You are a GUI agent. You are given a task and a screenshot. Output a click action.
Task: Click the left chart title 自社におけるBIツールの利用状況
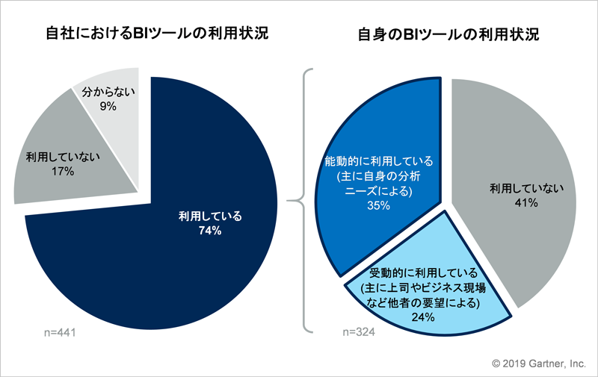click(x=157, y=33)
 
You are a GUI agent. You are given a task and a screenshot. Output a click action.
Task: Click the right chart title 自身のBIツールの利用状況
click(x=448, y=34)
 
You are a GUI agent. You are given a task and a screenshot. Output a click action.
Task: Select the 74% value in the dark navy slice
click(x=210, y=231)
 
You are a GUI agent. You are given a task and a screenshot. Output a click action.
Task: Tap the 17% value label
click(x=63, y=172)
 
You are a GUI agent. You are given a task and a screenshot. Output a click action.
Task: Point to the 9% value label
click(x=108, y=106)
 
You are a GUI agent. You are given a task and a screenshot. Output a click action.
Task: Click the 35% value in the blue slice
click(x=378, y=205)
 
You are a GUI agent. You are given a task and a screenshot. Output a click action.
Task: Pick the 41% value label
click(x=526, y=203)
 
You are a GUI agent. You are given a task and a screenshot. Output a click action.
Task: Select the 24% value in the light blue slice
click(x=423, y=317)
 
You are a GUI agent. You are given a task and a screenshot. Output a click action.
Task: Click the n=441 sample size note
click(x=60, y=332)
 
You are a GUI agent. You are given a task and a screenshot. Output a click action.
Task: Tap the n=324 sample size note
click(x=359, y=332)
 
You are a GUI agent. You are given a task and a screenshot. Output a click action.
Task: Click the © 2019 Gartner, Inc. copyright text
click(x=539, y=364)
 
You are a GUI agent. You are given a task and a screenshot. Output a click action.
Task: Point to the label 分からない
click(x=108, y=92)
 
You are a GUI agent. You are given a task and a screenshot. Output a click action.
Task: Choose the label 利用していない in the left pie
click(x=63, y=157)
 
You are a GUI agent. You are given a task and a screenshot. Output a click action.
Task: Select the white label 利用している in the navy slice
click(x=210, y=216)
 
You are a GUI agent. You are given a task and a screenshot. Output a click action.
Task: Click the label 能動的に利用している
click(x=379, y=161)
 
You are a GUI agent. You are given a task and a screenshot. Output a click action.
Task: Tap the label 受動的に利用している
click(x=423, y=272)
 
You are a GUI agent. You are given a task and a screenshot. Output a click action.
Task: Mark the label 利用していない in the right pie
click(x=527, y=188)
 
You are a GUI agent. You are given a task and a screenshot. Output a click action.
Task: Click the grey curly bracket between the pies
click(x=300, y=200)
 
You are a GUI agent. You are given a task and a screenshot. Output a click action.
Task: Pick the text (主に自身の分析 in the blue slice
click(x=379, y=176)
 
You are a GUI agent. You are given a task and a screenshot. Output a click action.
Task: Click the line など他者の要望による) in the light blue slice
click(x=423, y=302)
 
